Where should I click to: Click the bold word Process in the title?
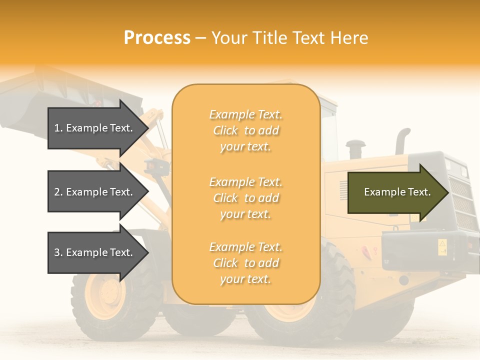point(157,38)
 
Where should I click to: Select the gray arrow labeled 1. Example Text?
point(95,128)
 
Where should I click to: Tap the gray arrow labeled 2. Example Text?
point(95,192)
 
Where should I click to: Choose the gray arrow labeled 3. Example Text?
point(95,252)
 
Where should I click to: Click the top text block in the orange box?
point(245,130)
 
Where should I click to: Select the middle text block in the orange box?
point(245,198)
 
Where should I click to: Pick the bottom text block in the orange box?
point(245,263)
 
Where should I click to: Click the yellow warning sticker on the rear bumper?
point(442,246)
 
